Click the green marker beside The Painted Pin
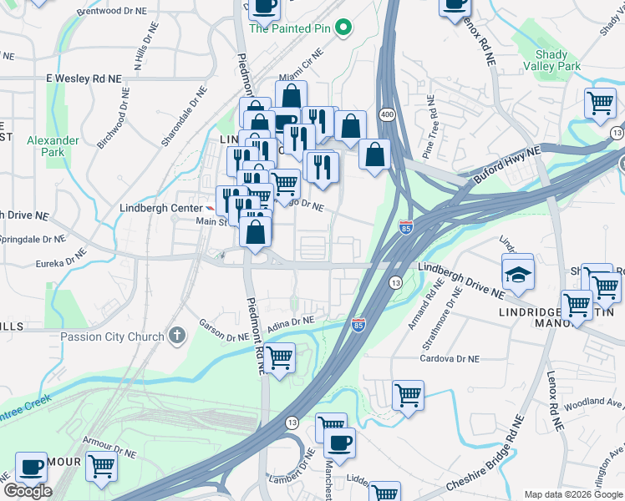(343, 28)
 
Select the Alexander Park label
(52, 146)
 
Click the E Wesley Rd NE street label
(84, 78)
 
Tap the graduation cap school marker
(518, 275)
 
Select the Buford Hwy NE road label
(506, 164)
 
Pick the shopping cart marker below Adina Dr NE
(280, 357)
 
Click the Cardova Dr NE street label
(450, 358)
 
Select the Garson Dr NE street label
(222, 331)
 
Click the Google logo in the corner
(27, 490)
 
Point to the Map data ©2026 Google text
(572, 494)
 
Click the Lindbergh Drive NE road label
(461, 282)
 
